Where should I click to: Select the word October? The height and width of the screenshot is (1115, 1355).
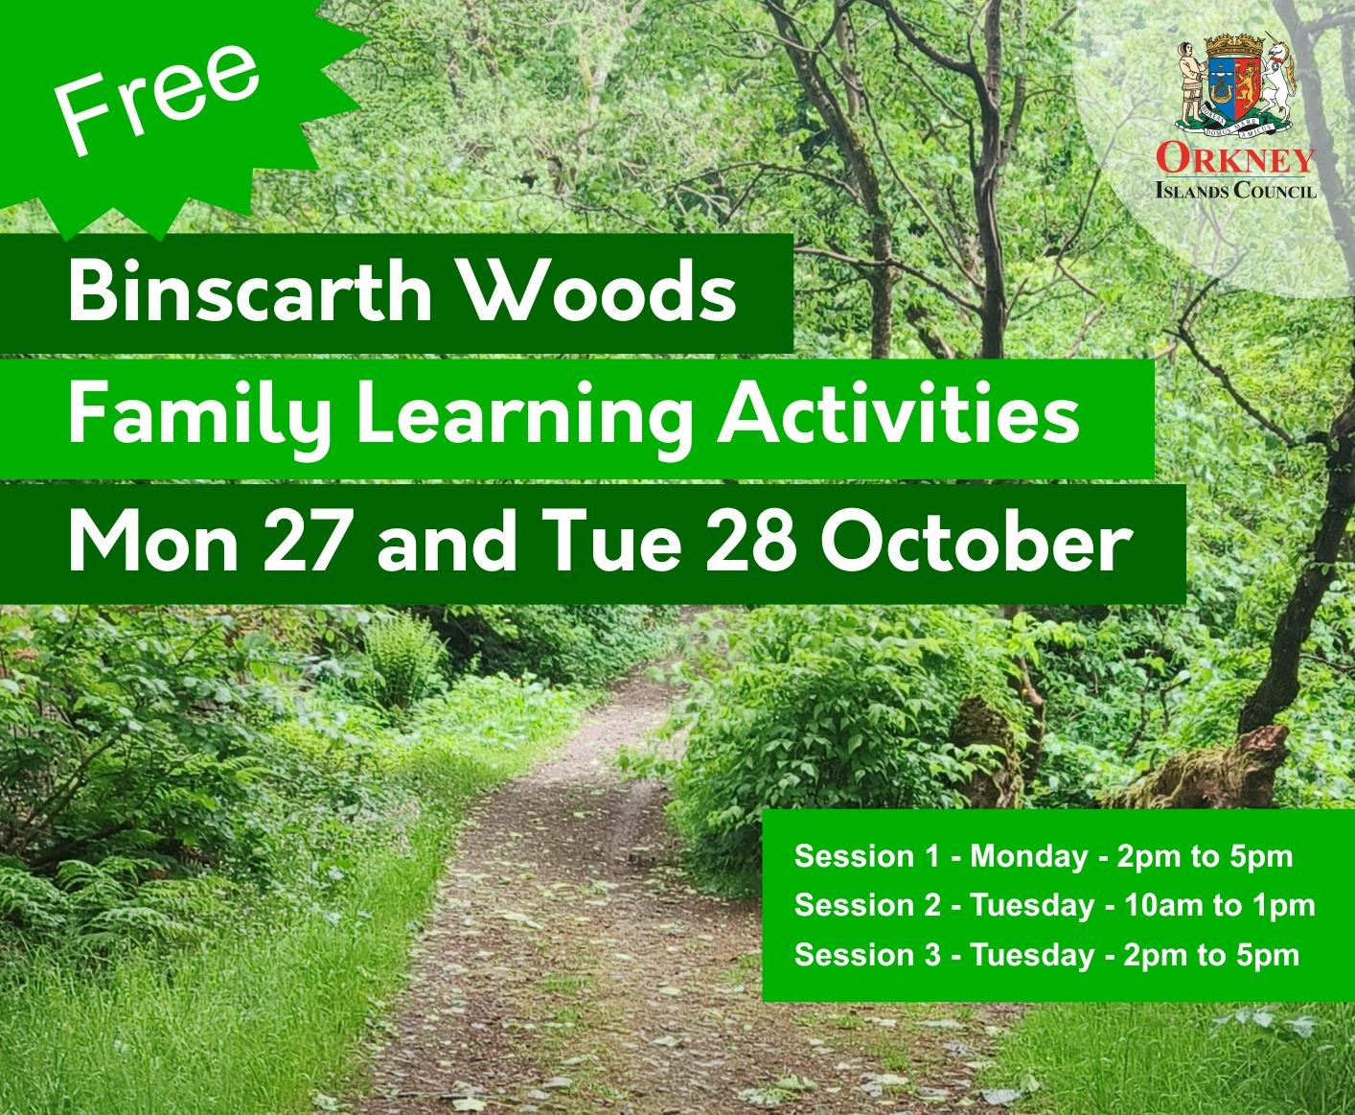[x=973, y=544]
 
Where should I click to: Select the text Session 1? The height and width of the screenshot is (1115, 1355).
[x=867, y=856]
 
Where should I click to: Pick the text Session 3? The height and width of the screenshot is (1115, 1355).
[x=868, y=955]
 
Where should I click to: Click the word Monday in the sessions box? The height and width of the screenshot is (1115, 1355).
[x=1029, y=856]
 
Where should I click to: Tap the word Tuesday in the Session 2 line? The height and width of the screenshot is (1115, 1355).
[x=1033, y=905]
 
